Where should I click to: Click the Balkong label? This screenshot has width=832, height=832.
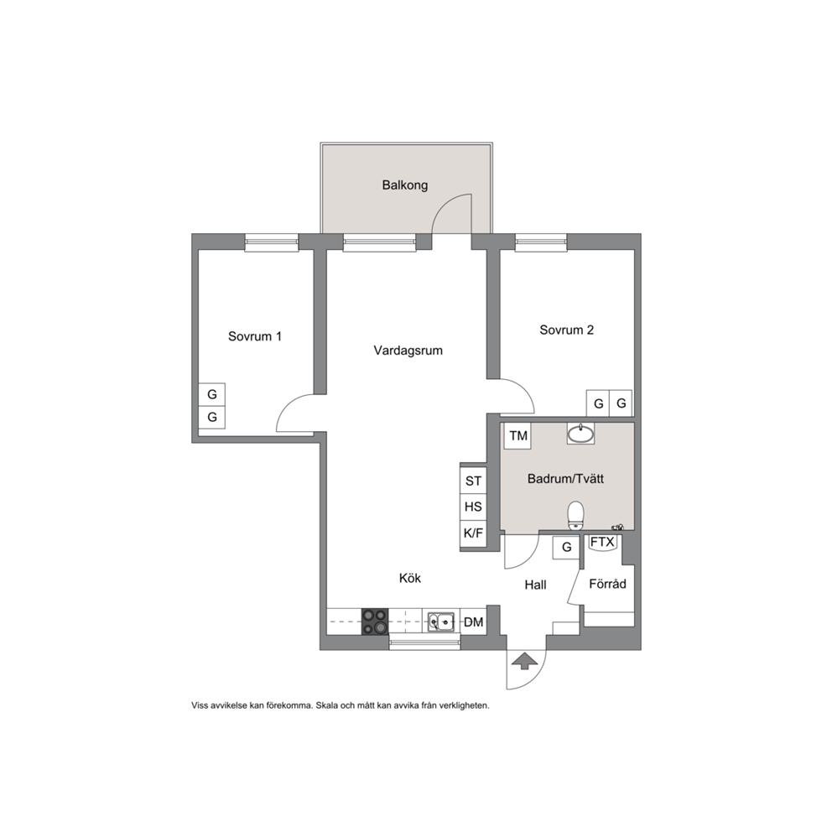pyautogui.click(x=405, y=185)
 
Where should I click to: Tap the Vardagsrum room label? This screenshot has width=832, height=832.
pyautogui.click(x=408, y=351)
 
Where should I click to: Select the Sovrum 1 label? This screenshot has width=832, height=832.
pyautogui.click(x=255, y=336)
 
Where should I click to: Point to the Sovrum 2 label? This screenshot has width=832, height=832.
pyautogui.click(x=567, y=330)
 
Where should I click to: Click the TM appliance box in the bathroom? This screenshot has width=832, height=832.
pyautogui.click(x=517, y=435)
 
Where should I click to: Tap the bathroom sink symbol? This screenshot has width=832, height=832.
pyautogui.click(x=581, y=434)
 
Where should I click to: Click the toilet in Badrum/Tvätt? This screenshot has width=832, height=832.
pyautogui.click(x=575, y=516)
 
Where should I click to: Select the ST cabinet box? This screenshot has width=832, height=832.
pyautogui.click(x=473, y=481)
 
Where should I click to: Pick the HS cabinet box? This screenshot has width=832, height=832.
pyautogui.click(x=473, y=507)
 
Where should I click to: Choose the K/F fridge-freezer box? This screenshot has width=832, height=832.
pyautogui.click(x=473, y=534)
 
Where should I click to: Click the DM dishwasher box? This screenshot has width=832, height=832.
pyautogui.click(x=473, y=621)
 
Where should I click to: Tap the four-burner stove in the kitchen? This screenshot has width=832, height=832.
pyautogui.click(x=375, y=621)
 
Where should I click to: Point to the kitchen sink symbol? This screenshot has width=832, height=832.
pyautogui.click(x=441, y=621)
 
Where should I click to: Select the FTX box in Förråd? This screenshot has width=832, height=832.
pyautogui.click(x=602, y=543)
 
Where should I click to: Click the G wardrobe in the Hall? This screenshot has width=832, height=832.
pyautogui.click(x=566, y=547)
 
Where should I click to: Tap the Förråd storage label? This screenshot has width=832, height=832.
pyautogui.click(x=607, y=584)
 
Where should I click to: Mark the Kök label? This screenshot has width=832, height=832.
pyautogui.click(x=409, y=578)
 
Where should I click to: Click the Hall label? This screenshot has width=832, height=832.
pyautogui.click(x=535, y=585)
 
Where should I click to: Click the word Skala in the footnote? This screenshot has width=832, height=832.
pyautogui.click(x=327, y=705)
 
